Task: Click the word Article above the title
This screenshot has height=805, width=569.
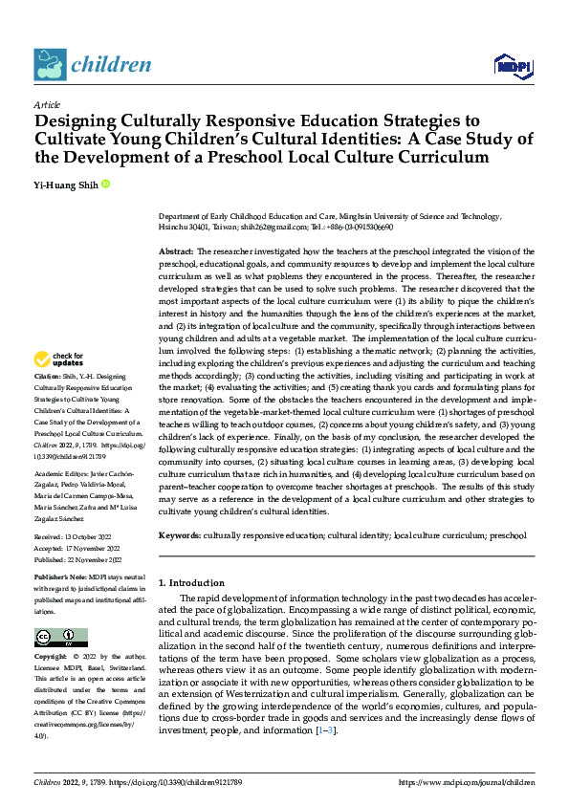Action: point(47,104)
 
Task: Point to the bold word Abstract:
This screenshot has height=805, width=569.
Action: point(176,250)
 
